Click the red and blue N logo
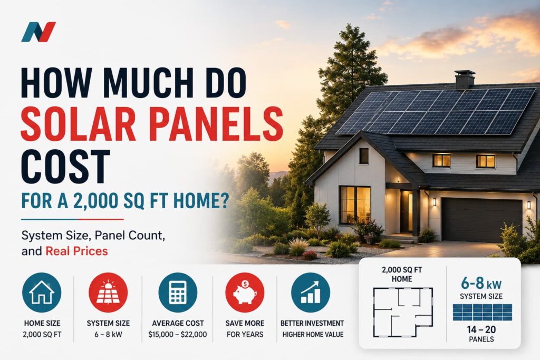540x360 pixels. [38, 32]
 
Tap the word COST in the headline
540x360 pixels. [65, 167]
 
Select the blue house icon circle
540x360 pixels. [42, 293]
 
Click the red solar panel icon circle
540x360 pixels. [108, 293]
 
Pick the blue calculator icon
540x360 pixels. [178, 293]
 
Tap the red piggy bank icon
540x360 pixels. [245, 293]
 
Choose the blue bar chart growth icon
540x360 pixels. [311, 293]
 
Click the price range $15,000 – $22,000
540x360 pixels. [178, 334]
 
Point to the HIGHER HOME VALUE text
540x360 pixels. [313, 334]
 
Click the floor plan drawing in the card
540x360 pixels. [403, 312]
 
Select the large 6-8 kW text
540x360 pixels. [481, 283]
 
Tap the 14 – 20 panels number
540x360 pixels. [481, 329]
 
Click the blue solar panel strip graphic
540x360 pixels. [482, 313]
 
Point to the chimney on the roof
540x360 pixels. [465, 80]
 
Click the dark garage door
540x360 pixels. [482, 220]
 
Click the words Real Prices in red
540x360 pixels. [76, 251]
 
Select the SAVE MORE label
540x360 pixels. [245, 323]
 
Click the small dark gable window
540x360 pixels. [364, 156]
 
